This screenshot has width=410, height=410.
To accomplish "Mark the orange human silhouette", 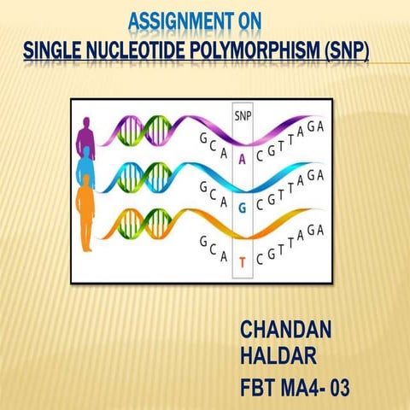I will (86, 218).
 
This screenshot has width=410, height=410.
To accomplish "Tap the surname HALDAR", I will (278, 353).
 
